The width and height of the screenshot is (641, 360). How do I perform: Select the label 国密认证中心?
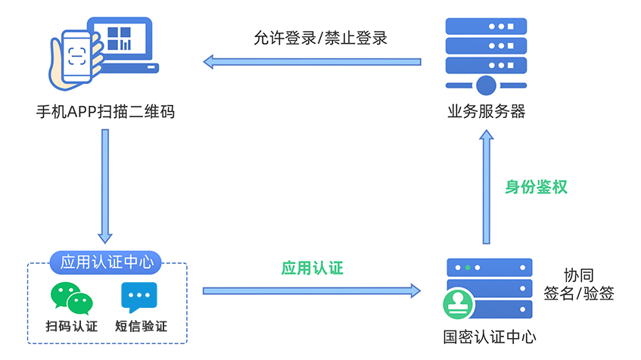(x=489, y=337)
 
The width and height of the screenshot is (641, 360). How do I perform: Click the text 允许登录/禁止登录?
(x=320, y=38)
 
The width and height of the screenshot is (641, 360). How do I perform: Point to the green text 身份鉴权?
(x=536, y=187)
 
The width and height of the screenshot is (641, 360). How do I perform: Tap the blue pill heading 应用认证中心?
(x=107, y=263)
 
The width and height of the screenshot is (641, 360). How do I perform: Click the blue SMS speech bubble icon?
(x=139, y=297)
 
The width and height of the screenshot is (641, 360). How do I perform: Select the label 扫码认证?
(x=72, y=327)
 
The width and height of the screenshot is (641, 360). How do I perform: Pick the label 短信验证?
(x=141, y=327)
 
